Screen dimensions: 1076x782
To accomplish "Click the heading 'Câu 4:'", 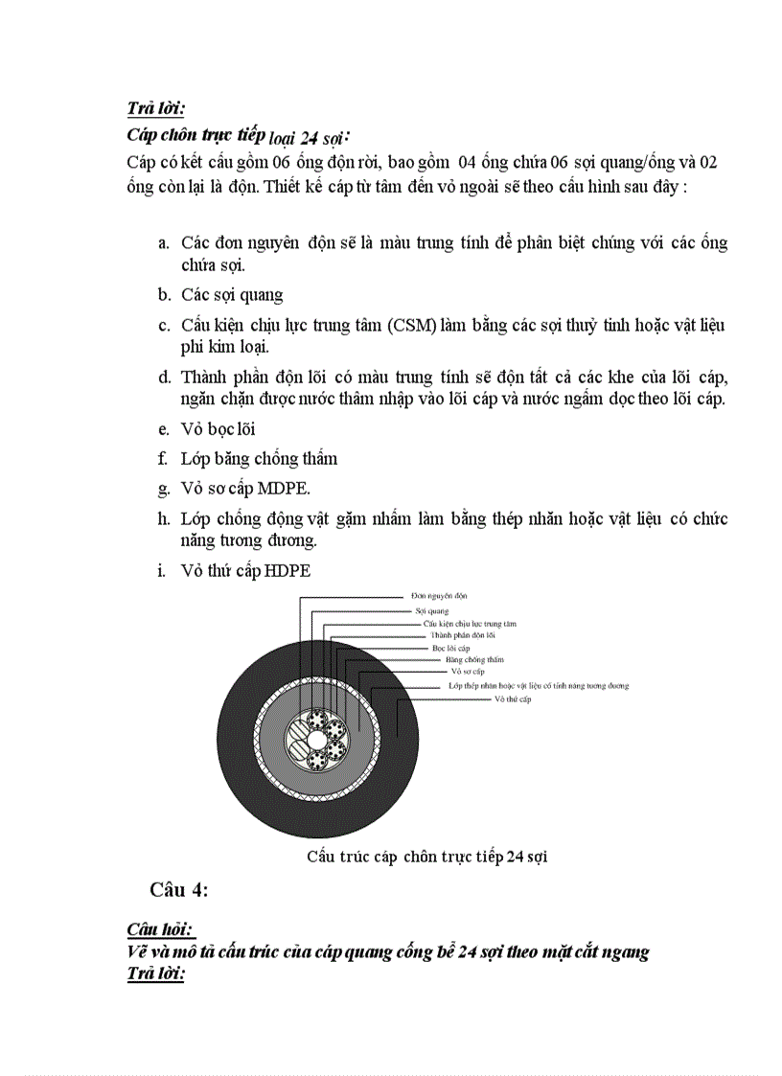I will click(x=178, y=890).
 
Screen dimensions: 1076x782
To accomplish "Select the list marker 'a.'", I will click(x=164, y=243).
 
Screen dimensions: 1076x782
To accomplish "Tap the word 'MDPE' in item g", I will click(x=284, y=489).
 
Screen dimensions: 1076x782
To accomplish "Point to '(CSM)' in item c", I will click(x=412, y=326).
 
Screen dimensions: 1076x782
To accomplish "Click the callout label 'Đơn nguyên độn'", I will click(x=433, y=595).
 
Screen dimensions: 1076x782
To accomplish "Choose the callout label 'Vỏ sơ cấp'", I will click(x=469, y=672).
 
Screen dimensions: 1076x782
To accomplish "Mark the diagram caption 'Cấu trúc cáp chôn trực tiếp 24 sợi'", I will click(x=426, y=856).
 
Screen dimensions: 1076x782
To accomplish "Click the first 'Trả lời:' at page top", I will click(x=156, y=109).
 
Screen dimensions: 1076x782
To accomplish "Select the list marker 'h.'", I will click(x=164, y=519).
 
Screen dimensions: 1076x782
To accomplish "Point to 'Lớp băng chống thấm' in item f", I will click(x=259, y=459).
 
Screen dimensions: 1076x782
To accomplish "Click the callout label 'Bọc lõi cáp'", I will click(x=450, y=648).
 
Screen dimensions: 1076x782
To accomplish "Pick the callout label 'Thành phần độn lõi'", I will click(x=462, y=635).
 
